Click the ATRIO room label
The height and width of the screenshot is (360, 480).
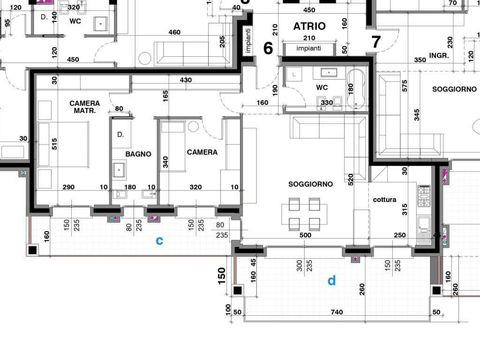pyautogui.click(x=309, y=26)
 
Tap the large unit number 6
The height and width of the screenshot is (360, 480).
pyautogui.click(x=268, y=48)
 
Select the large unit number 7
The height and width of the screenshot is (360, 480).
pyautogui.click(x=376, y=42)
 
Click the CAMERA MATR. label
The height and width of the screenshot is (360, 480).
pyautogui.click(x=84, y=107)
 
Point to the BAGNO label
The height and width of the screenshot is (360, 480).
pyautogui.click(x=138, y=154)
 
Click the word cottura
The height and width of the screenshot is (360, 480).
pyautogui.click(x=384, y=200)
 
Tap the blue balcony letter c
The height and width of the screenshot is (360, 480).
pyautogui.click(x=159, y=240)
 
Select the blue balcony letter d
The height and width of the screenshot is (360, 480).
pyautogui.click(x=331, y=280)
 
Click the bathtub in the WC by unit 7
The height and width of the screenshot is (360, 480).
pyautogui.click(x=356, y=89)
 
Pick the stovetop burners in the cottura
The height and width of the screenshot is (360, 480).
pyautogui.click(x=424, y=195)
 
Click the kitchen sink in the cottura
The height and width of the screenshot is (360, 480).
pyautogui.click(x=424, y=230)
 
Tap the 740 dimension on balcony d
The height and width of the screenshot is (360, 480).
pyautogui.click(x=337, y=312)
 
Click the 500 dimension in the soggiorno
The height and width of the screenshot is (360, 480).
pyautogui.click(x=305, y=235)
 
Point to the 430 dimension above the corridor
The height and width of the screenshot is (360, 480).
pyautogui.click(x=186, y=80)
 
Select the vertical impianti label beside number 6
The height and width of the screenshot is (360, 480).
pyautogui.click(x=248, y=41)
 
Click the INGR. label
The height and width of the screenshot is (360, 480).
pyautogui.click(x=439, y=55)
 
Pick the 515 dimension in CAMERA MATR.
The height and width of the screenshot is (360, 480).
pyautogui.click(x=54, y=144)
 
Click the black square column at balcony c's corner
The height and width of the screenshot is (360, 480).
pyautogui.click(x=32, y=250)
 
